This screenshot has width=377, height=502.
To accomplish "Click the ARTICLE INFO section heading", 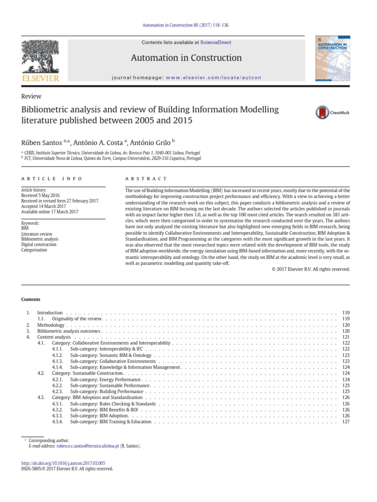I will pos(52,179).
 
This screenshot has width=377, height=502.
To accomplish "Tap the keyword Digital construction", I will pos(39,244).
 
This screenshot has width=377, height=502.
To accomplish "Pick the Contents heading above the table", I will pos(31,299).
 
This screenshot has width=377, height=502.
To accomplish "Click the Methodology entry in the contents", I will pos(51,325).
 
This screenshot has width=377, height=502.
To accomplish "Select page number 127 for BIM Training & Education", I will pos(346,422).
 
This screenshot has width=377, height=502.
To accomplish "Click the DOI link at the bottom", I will pos(63,463).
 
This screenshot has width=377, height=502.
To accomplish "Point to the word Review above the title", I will pos(31,97).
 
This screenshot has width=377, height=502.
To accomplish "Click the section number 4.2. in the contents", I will pos(41,373).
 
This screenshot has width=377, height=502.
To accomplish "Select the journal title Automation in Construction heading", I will pos(186,58).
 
